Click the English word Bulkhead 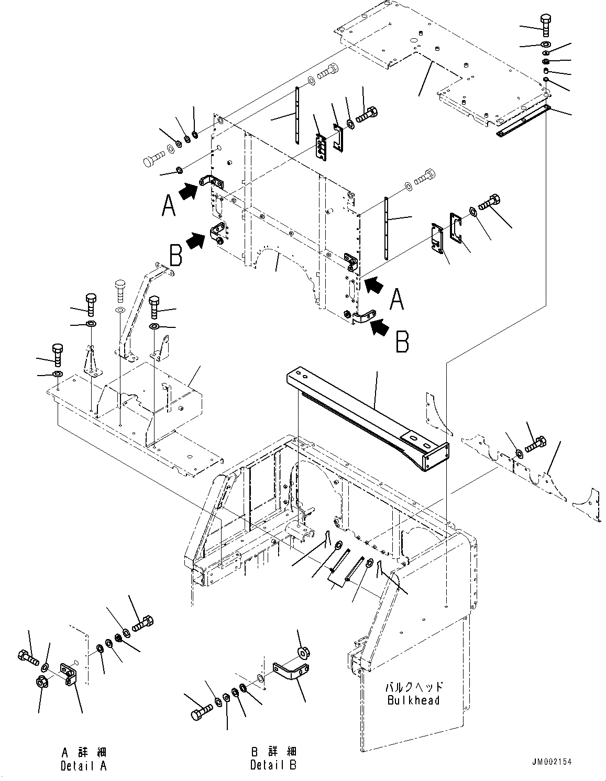click(414, 700)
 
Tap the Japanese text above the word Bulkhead click(414, 687)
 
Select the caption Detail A click(84, 765)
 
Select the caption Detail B click(273, 765)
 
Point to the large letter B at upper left click(176, 256)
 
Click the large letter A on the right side click(396, 301)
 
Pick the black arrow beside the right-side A click(374, 285)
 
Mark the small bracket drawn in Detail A click(69, 673)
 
